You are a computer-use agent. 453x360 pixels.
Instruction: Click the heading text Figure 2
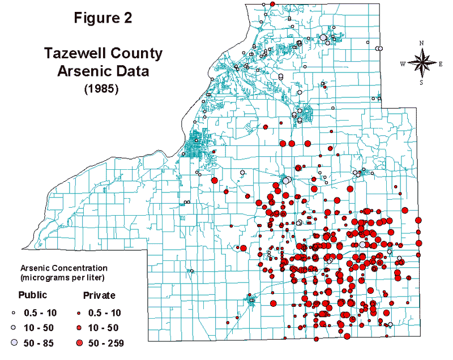click(x=103, y=18)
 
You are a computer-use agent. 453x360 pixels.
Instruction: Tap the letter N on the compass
click(x=422, y=43)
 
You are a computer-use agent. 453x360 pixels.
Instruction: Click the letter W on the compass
click(x=403, y=64)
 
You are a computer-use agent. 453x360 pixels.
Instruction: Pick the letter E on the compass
click(x=441, y=64)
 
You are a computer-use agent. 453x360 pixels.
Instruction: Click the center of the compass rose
click(x=422, y=63)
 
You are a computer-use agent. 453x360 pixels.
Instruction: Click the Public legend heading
click(x=32, y=295)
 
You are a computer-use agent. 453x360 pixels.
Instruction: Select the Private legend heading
click(x=99, y=295)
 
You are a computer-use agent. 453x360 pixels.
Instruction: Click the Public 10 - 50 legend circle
click(x=14, y=327)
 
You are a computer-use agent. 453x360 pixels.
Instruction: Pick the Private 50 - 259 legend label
click(x=106, y=342)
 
